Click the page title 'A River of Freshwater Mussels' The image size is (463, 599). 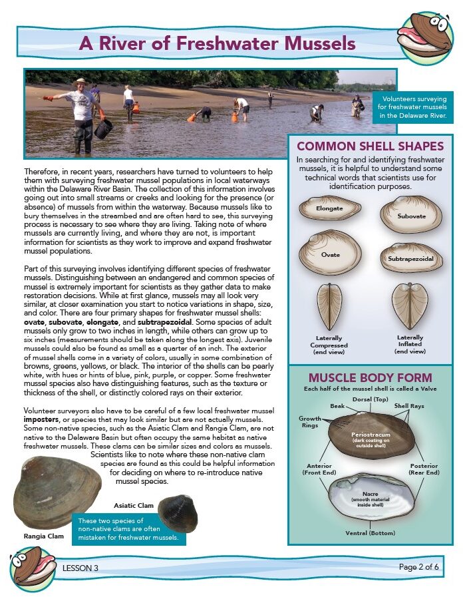pyautogui.click(x=218, y=44)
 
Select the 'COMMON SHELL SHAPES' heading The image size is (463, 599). pyautogui.click(x=370, y=146)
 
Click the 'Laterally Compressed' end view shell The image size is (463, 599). pyautogui.click(x=331, y=306)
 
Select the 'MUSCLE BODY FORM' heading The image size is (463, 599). pyautogui.click(x=370, y=377)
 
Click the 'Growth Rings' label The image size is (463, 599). pyautogui.click(x=309, y=422)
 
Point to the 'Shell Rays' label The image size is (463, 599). pyautogui.click(x=408, y=405)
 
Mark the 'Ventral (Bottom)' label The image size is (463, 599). pyautogui.click(x=370, y=533)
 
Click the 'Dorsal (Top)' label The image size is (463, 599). pyautogui.click(x=370, y=400)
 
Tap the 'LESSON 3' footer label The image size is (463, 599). pyautogui.click(x=80, y=568)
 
